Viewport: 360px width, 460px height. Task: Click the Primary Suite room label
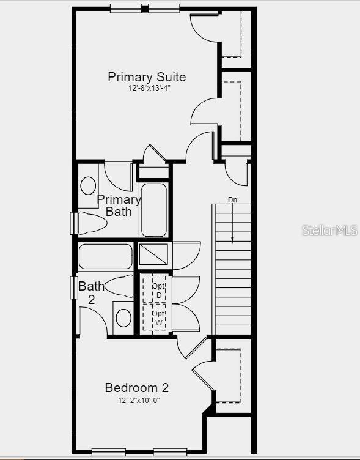click(x=147, y=77)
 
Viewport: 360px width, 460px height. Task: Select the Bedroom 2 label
click(x=137, y=388)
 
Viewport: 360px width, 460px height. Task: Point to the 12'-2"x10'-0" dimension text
click(x=139, y=401)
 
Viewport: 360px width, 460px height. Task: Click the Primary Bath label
click(x=119, y=206)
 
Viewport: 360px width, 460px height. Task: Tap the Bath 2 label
click(x=90, y=292)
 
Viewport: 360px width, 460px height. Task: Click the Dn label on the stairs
click(x=232, y=200)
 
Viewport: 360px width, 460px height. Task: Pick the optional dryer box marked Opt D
click(x=159, y=290)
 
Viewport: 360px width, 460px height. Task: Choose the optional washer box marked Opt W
click(x=159, y=317)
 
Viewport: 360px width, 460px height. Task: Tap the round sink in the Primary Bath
click(x=89, y=185)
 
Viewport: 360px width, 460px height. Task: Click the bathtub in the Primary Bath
click(x=154, y=210)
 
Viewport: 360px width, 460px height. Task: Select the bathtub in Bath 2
click(x=106, y=256)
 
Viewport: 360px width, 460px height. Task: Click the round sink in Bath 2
click(x=123, y=317)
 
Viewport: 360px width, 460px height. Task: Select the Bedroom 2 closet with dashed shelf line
click(x=229, y=374)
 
